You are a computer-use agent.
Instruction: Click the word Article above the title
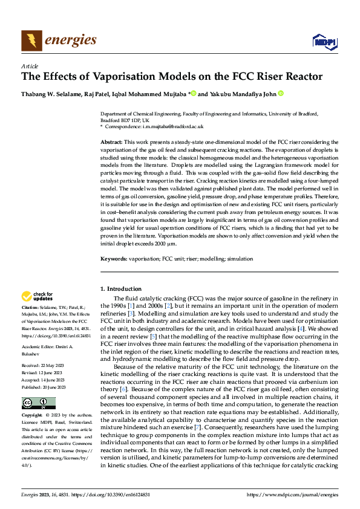tap(30, 66)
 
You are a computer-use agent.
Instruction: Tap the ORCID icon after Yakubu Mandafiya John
tap(281, 94)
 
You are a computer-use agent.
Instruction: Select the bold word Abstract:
tap(112, 140)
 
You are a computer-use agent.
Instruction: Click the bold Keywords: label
tap(114, 276)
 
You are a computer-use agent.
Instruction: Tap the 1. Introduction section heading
tap(121, 289)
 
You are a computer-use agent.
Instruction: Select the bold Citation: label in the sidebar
tap(30, 308)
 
